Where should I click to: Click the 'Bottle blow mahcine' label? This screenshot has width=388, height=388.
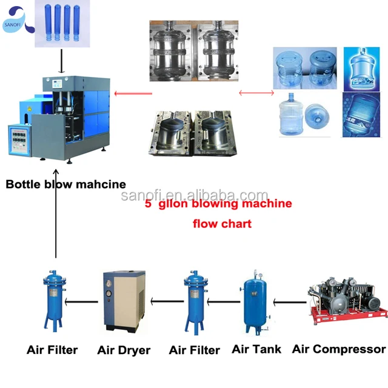65,184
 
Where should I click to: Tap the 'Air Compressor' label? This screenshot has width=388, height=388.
338,349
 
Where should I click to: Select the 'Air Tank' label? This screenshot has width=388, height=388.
256,349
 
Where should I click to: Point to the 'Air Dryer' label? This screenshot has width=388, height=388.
124,350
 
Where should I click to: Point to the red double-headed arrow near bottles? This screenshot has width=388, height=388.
255,93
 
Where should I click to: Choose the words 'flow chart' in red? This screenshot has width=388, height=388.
222,223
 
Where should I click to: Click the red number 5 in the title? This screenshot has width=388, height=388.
148,204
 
